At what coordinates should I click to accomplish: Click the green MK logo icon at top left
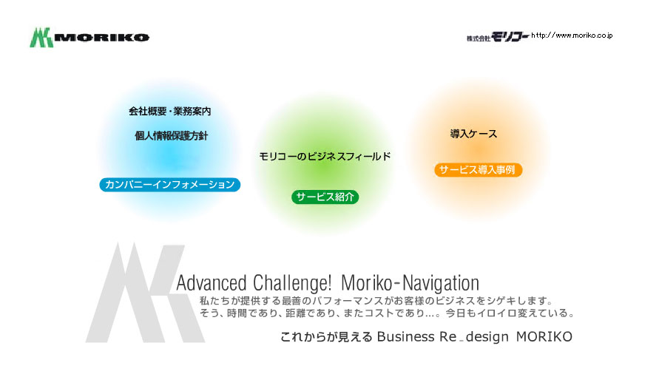coord(41,38)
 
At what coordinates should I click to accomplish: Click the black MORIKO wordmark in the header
coord(102,38)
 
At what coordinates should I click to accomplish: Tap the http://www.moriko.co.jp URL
coord(572,35)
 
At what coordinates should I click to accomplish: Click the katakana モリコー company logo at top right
coord(510,37)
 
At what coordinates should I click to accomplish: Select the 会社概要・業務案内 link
coord(170,112)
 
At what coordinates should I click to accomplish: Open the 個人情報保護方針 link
coord(171,136)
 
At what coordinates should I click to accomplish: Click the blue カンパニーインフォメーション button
coord(170,185)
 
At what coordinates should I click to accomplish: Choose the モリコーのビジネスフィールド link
coord(325,156)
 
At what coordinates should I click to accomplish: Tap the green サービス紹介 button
coord(325,197)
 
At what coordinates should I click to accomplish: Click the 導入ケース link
coord(473,134)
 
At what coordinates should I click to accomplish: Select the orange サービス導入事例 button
coord(478,170)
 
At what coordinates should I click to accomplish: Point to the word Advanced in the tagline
coord(212,283)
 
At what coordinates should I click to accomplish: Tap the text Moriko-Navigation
coord(410,283)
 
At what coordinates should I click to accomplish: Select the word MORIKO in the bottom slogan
coord(544,336)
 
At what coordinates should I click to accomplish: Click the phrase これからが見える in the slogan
coord(326,337)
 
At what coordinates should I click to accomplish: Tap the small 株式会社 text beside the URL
coord(479,38)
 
